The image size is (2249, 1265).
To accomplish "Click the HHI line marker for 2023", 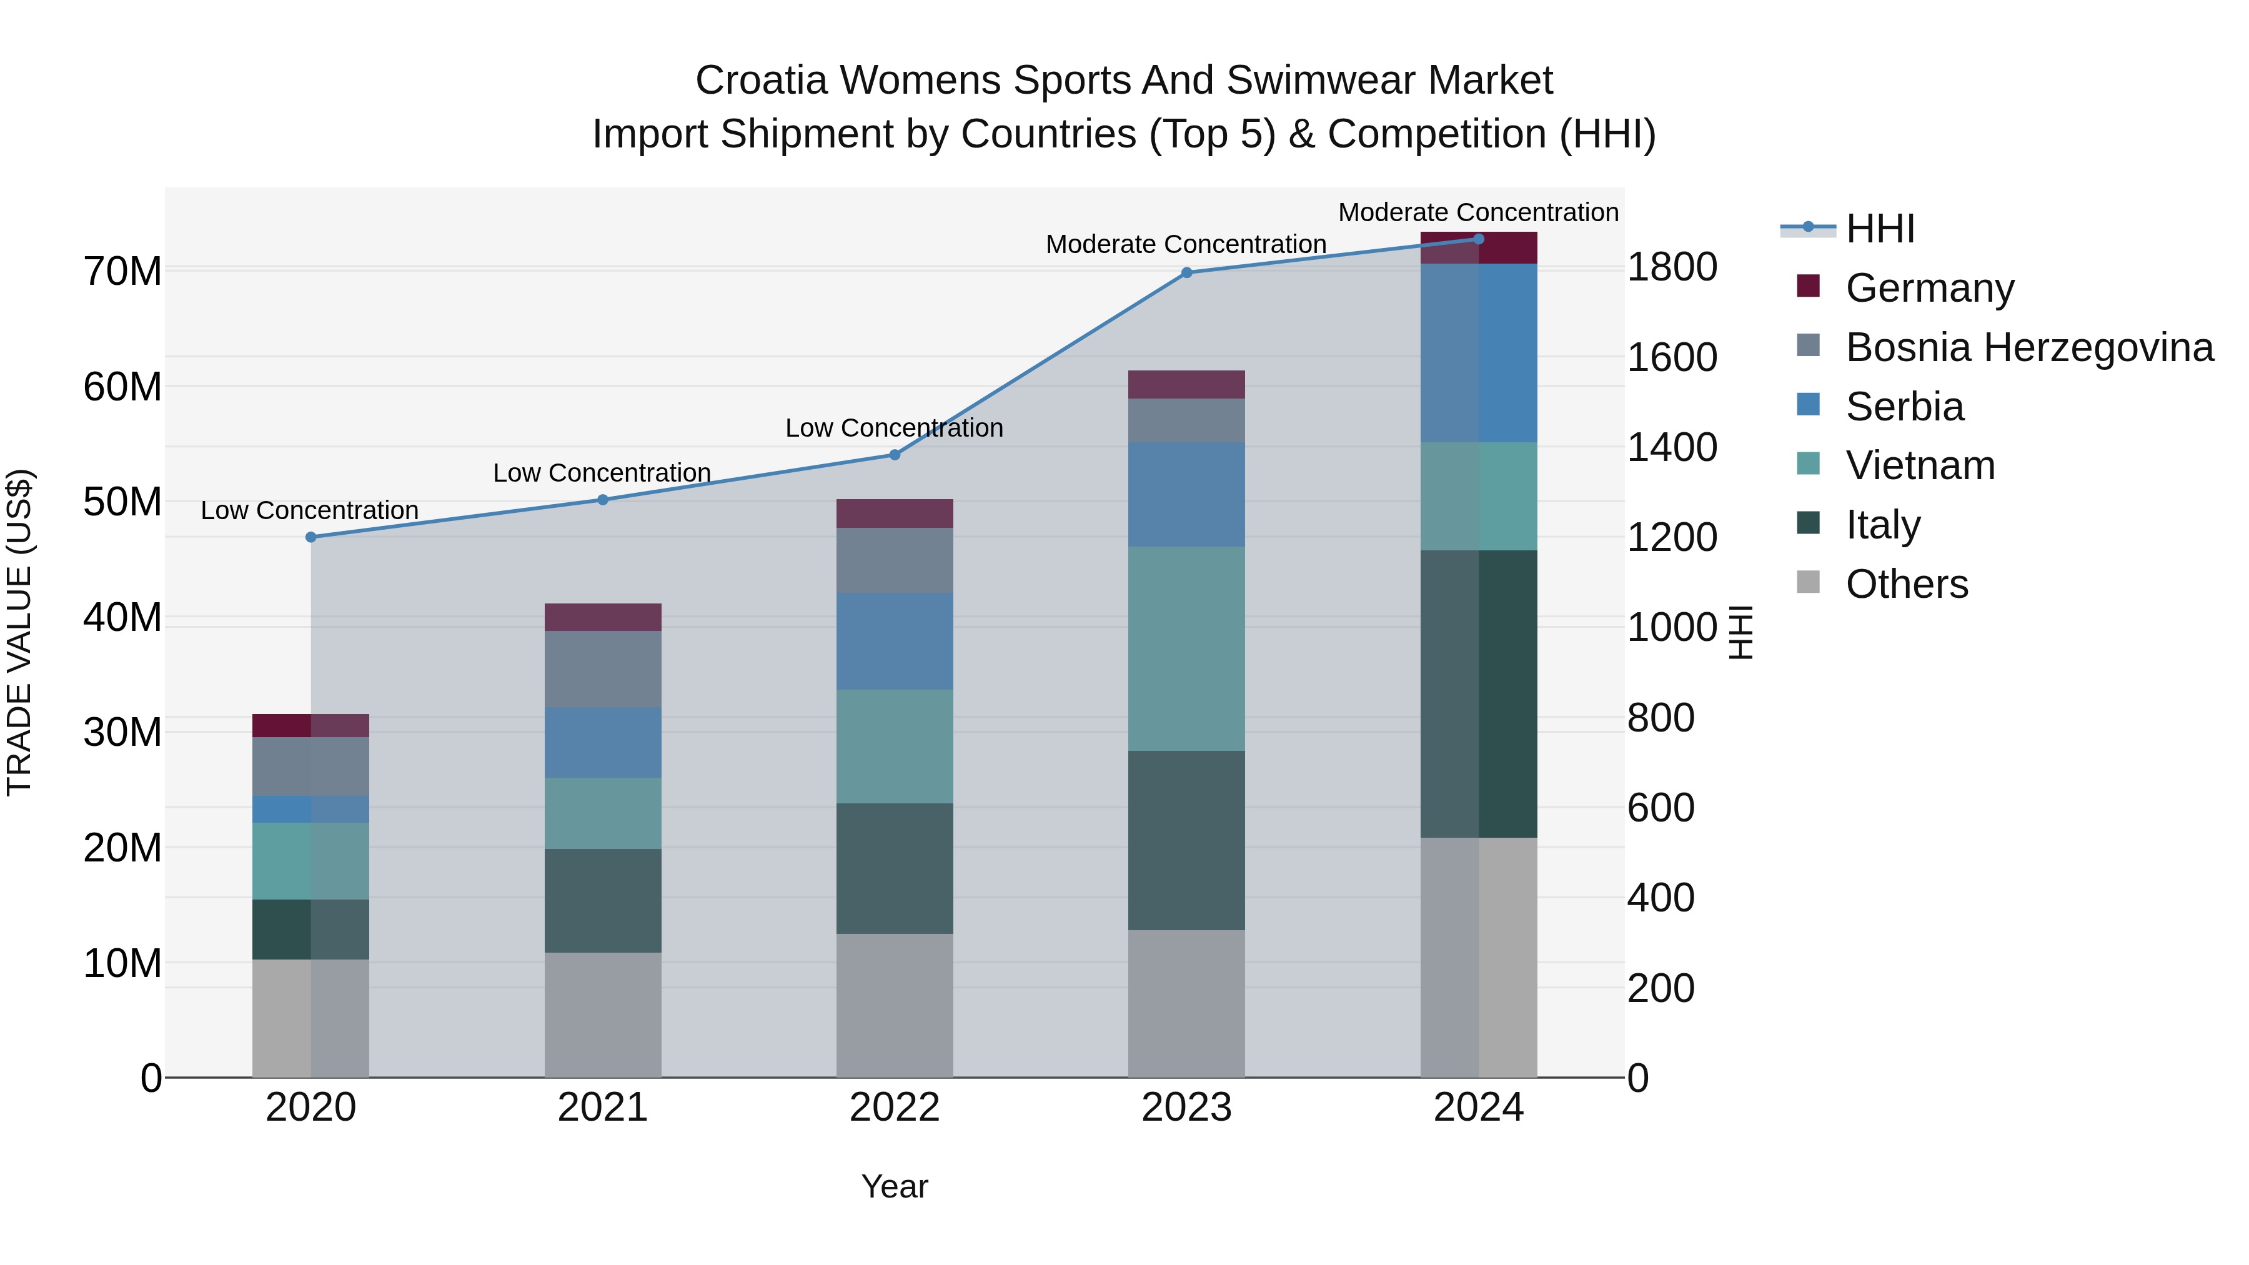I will (1186, 272).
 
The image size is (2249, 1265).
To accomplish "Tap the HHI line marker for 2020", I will (311, 537).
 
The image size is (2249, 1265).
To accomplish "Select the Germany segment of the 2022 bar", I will (894, 513).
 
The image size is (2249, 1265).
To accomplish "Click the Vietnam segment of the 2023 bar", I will (1186, 648).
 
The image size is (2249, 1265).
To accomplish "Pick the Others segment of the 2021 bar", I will (602, 1014).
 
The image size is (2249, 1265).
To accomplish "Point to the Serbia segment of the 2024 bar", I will (1478, 353).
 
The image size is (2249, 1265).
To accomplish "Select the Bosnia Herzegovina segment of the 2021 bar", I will (602, 668).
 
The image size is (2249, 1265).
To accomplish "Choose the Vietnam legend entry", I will (1920, 465).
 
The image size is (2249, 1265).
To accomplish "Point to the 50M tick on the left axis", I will (122, 502).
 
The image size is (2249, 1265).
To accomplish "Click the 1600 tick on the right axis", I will (1671, 357).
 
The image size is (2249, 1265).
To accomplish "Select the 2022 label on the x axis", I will (894, 1108).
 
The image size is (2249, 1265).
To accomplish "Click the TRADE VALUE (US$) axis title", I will (19, 632).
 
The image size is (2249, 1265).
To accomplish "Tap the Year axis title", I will (894, 1186).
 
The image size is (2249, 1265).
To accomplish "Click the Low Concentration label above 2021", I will (602, 472).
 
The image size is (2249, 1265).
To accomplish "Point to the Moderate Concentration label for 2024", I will (1478, 212).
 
